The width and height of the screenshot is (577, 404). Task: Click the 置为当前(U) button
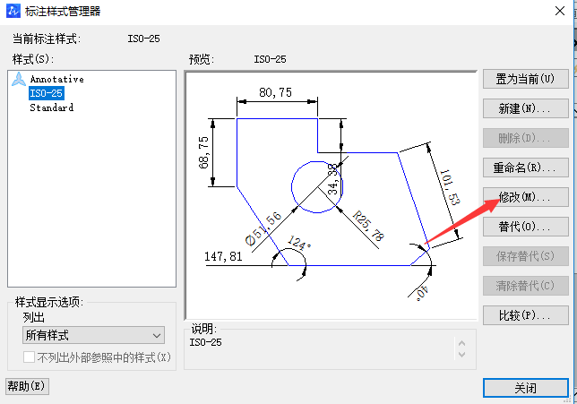525,79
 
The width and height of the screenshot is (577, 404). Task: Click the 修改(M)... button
525,197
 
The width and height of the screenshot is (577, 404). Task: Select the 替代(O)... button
525,227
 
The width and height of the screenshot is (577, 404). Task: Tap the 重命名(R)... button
525,168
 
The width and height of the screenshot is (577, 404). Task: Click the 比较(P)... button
525,315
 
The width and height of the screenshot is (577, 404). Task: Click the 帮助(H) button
27,386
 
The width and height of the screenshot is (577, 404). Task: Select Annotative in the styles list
56,79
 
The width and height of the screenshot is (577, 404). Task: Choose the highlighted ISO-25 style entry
46,93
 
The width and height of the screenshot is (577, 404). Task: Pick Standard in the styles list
51,107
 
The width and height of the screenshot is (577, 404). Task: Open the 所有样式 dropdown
93,335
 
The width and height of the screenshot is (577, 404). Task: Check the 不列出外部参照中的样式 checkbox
30,357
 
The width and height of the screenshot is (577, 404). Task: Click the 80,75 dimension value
276,92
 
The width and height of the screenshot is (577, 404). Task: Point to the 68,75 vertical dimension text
204,151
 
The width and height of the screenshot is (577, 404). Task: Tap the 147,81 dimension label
224,256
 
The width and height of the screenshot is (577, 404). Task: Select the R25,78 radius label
368,228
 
